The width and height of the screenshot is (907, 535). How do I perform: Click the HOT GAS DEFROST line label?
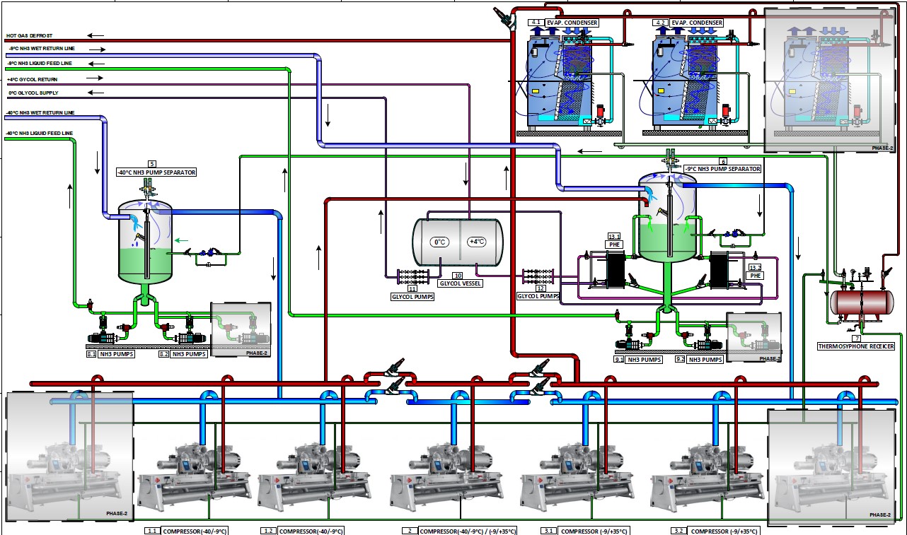coord(29,35)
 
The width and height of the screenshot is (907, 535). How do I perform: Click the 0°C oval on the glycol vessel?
coord(439,242)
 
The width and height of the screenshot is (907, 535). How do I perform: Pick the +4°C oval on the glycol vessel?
coord(477,242)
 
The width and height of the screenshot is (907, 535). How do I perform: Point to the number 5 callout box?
coord(151,164)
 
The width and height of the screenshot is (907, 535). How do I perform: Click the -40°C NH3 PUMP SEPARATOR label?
coord(156,172)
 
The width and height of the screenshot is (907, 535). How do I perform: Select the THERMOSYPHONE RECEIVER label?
coord(855,346)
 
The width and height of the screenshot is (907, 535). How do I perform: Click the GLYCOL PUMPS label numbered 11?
coord(412,297)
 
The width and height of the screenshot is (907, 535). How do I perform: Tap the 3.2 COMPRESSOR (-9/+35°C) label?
coord(717,531)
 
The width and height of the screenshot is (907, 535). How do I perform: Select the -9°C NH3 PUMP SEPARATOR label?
coord(721,169)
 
